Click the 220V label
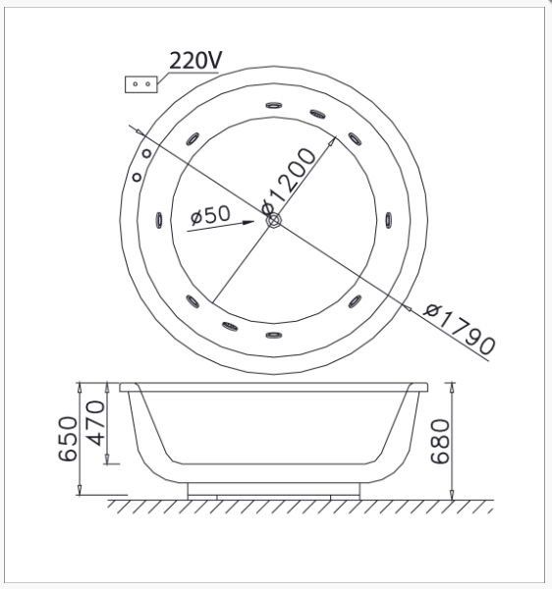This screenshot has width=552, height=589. click(195, 60)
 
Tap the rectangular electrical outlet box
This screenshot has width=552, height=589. click(140, 84)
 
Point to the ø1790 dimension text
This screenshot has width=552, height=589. click(460, 329)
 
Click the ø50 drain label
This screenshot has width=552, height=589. click(210, 214)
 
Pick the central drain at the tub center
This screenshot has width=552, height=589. click(274, 220)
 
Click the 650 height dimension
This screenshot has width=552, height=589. click(68, 439)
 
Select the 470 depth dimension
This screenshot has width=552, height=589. click(95, 423)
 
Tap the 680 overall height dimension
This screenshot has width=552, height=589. click(440, 442)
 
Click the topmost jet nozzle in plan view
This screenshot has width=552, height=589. click(274, 106)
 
